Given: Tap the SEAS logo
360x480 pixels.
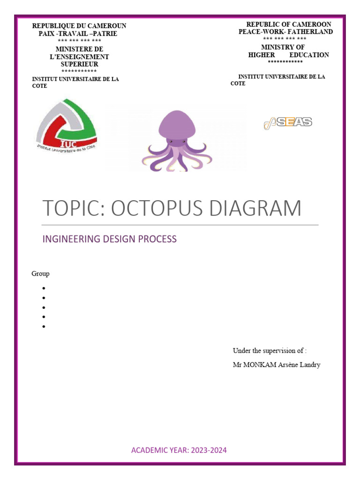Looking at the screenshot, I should [288, 123].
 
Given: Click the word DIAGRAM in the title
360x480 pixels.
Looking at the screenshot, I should [256, 208].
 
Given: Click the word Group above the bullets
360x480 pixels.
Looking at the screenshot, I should [40, 274].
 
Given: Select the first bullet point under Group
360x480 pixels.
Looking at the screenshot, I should [43, 288].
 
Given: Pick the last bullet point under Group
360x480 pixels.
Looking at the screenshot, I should [43, 327].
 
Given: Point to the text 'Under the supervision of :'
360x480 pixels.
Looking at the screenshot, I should [270, 351].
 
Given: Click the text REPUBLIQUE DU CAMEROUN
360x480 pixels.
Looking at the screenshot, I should [79, 26].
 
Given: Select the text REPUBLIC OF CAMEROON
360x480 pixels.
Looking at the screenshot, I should [289, 24].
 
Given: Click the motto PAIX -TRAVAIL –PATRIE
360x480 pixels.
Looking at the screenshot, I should [78, 34].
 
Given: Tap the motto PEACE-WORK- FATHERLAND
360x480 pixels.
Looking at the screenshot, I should [285, 32].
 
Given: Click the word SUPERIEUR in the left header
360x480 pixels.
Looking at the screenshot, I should [79, 64].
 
